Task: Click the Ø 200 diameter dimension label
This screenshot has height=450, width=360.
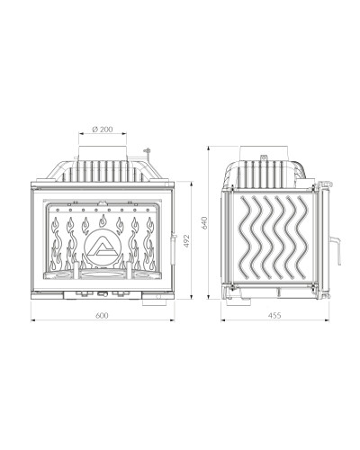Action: pos(103,130)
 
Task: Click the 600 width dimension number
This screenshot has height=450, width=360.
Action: pos(102,315)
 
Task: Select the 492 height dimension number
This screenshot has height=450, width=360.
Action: pos(186,241)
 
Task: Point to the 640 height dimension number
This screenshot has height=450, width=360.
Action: pos(204,222)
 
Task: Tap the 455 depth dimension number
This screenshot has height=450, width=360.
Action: pos(274,315)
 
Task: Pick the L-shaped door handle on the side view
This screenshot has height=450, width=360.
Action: pos(337,250)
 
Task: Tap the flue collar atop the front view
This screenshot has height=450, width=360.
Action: pos(103,154)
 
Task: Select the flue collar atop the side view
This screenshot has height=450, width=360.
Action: pos(264,154)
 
